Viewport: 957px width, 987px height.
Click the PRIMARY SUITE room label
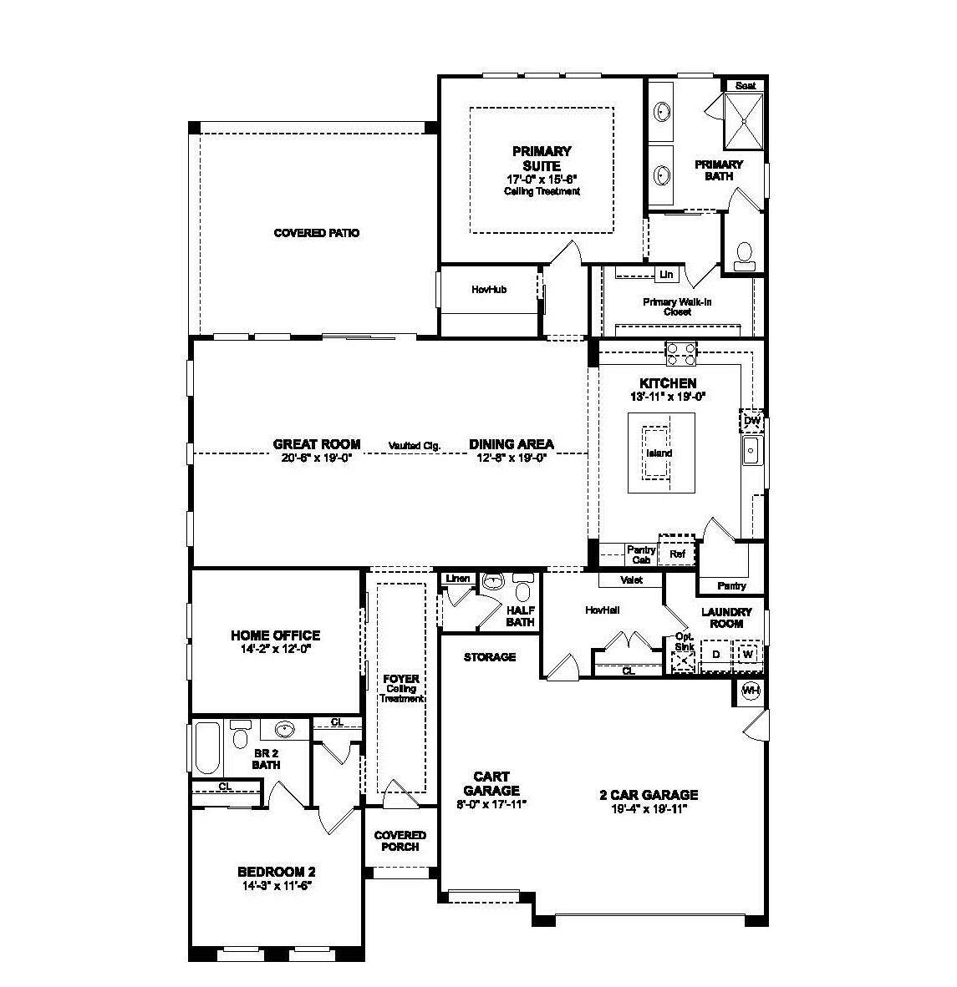(542, 159)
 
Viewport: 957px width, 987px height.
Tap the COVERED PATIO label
(317, 233)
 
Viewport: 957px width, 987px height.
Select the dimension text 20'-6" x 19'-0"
(317, 458)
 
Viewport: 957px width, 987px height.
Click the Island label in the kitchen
(659, 453)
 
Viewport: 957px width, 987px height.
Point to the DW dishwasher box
(751, 421)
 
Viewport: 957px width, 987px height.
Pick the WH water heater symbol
(751, 690)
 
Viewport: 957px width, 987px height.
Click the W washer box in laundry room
(747, 654)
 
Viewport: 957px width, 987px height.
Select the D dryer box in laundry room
(715, 654)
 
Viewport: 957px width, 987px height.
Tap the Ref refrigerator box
(677, 554)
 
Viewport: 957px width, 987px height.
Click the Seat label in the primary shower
(745, 85)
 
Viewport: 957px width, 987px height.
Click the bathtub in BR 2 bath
(206, 748)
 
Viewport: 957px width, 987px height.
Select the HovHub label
(489, 290)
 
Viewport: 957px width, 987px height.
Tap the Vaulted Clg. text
(414, 446)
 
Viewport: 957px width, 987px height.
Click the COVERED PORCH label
(400, 841)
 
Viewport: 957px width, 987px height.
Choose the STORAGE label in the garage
(490, 657)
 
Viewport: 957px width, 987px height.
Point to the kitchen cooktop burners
(680, 353)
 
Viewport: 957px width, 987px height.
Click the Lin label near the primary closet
(666, 275)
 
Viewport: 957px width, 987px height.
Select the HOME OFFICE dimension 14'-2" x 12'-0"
(275, 648)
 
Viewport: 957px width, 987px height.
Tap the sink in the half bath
(492, 582)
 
